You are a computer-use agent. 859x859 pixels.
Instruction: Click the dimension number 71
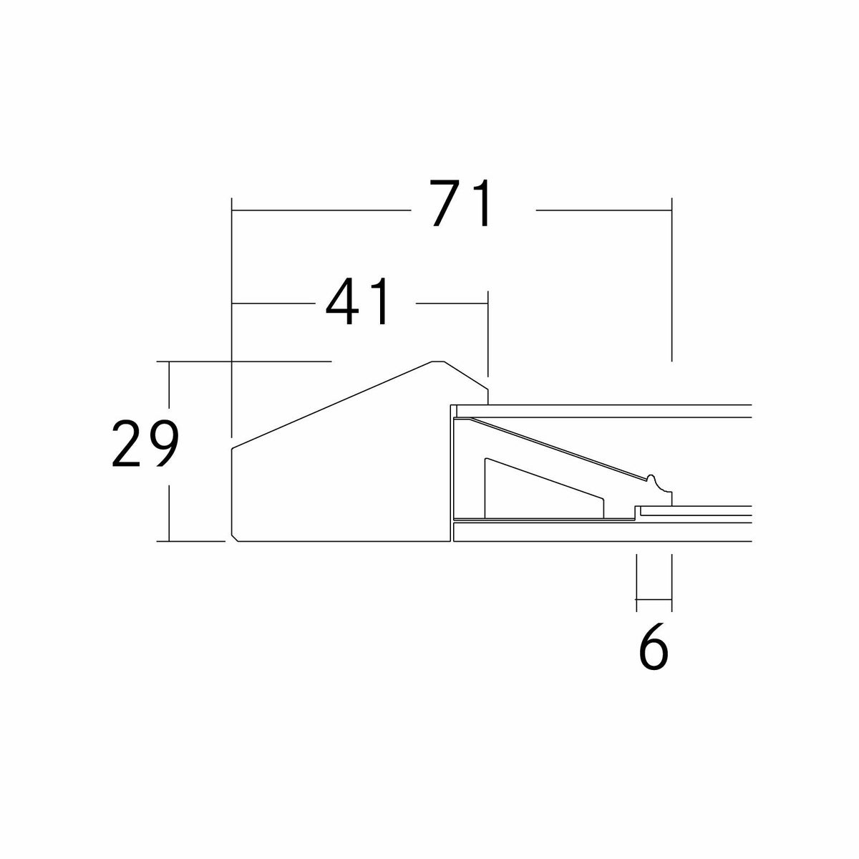(461, 203)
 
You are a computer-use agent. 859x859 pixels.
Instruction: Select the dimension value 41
(358, 302)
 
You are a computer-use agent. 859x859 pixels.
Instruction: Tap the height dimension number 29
(145, 444)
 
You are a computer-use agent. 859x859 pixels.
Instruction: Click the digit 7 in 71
(447, 203)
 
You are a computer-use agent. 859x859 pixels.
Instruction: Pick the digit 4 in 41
(342, 302)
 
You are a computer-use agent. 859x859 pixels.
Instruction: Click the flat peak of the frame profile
(438, 361)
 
